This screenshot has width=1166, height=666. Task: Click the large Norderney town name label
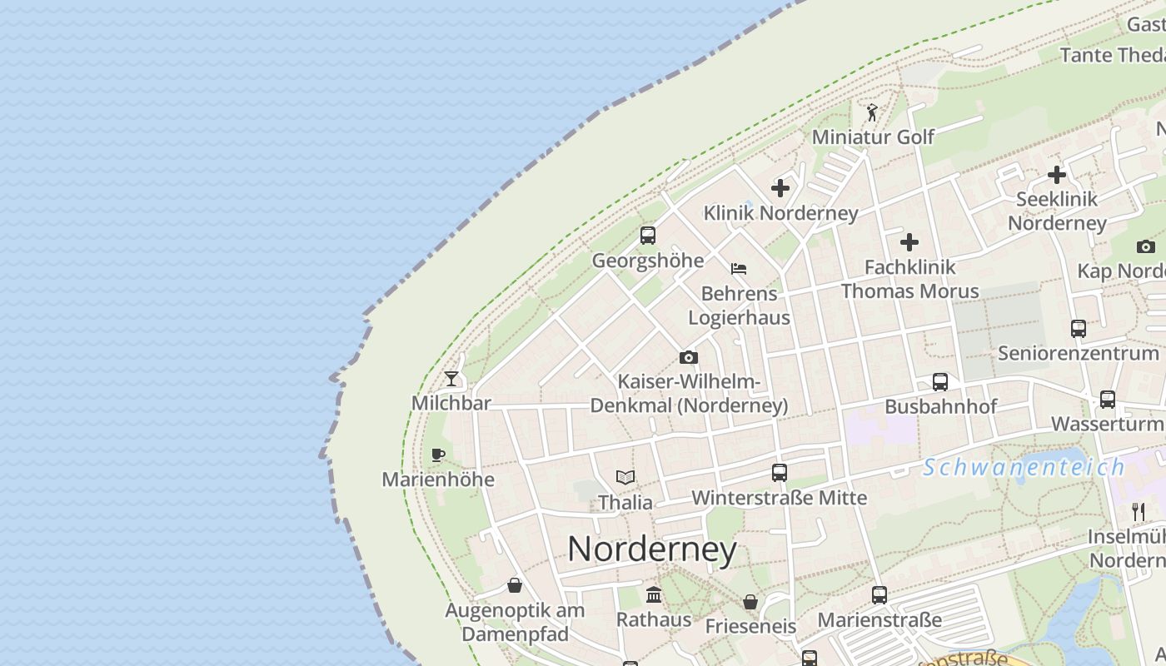point(652,549)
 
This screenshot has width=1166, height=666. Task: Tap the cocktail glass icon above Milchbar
point(451,379)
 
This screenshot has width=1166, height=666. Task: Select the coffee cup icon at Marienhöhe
point(438,455)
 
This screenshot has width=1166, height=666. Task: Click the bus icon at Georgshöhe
point(648,236)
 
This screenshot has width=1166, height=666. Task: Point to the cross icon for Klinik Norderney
point(780,188)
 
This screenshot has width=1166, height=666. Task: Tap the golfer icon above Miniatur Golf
point(872,112)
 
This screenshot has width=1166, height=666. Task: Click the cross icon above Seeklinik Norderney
point(1057,175)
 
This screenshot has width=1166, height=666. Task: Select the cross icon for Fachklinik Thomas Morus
point(909,242)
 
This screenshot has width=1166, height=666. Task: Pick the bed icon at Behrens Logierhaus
point(738,269)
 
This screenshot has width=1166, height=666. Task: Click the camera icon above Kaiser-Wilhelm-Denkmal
point(688,357)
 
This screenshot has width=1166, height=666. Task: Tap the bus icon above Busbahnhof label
point(940,382)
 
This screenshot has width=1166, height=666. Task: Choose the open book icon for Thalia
point(625,477)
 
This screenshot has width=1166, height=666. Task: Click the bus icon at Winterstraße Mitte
point(780,473)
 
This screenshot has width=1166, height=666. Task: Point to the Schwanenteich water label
point(1024,467)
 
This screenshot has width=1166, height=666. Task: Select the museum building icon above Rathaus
point(654,594)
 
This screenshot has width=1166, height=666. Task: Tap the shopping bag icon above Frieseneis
point(750,601)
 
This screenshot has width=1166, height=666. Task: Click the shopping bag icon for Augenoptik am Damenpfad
point(515,585)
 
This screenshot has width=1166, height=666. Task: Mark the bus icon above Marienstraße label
point(879,595)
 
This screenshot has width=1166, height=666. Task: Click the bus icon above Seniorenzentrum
point(1079,329)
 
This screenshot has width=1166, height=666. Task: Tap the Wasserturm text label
point(1106,424)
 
